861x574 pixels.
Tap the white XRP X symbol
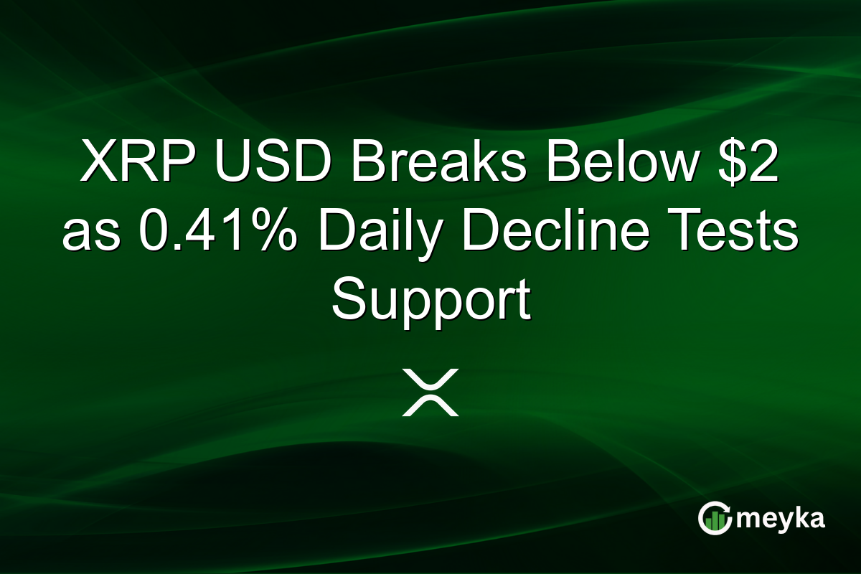tap(430, 392)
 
